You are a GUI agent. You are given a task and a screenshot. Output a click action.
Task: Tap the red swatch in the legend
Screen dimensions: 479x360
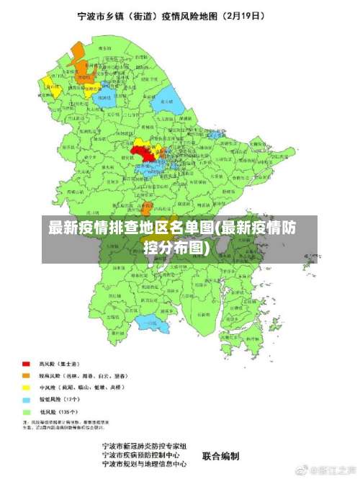pos(26,364)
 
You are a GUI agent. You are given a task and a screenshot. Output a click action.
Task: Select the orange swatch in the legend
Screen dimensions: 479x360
pos(26,376)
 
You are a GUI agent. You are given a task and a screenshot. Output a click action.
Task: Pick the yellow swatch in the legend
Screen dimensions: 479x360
pos(26,388)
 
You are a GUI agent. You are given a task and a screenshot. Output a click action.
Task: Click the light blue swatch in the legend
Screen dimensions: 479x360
pos(26,399)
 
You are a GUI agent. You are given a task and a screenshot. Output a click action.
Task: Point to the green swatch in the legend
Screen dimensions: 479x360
pos(26,411)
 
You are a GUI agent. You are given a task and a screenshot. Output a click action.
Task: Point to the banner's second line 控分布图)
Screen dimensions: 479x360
pos(177,249)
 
